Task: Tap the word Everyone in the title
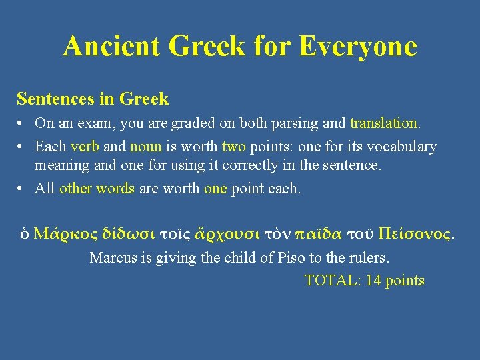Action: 358,47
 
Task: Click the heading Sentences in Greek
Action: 93,99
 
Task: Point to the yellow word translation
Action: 385,123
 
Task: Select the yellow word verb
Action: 85,147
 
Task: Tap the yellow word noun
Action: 145,147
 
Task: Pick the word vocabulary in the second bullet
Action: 402,147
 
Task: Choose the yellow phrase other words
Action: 97,189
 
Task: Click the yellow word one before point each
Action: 215,189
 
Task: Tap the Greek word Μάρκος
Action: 65,234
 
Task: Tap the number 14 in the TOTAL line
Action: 373,281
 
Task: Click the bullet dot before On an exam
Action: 22,124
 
